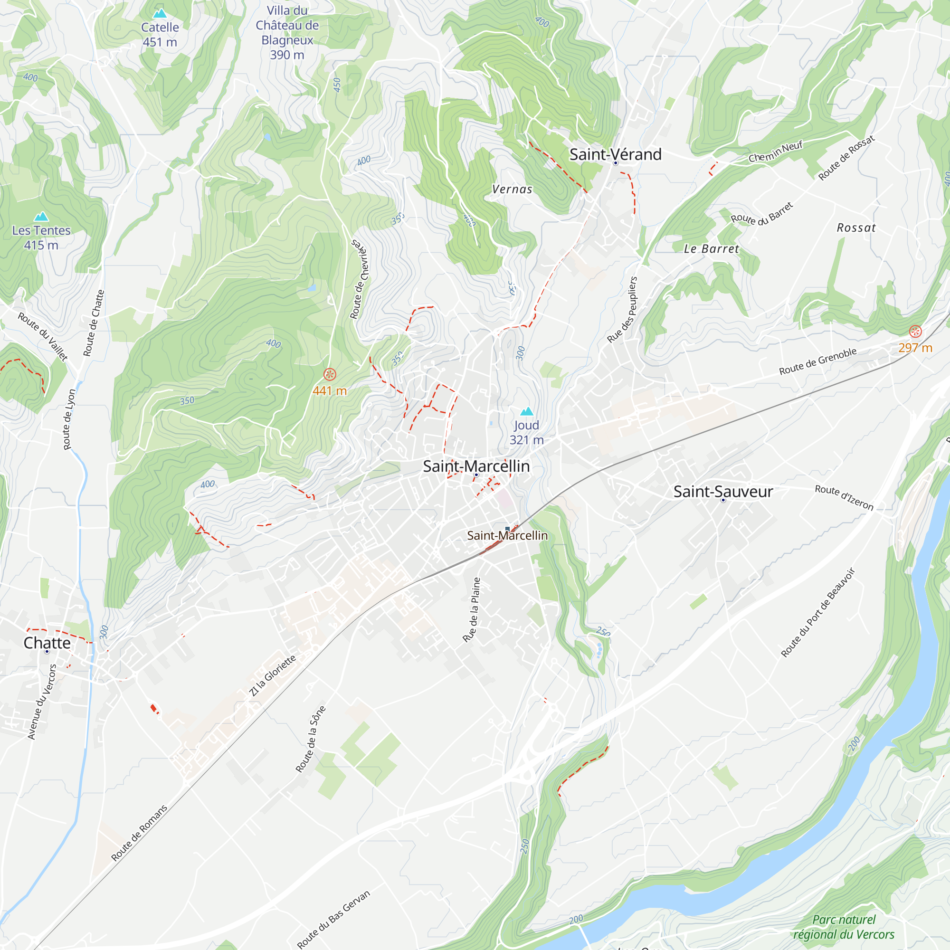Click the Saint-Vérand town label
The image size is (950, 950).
click(x=615, y=154)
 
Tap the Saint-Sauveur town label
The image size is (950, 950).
click(x=723, y=491)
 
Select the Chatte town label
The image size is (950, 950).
click(x=47, y=643)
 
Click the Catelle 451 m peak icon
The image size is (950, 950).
click(x=160, y=14)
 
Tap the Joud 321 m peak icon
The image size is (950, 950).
click(x=527, y=411)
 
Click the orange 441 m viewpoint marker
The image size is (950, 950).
click(x=330, y=375)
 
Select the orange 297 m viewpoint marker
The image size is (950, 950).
click(x=915, y=332)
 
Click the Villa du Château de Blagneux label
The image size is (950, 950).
click(x=287, y=32)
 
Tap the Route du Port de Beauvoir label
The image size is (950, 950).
click(x=818, y=613)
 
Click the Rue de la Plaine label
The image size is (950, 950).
click(x=472, y=610)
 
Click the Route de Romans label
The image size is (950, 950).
click(x=139, y=833)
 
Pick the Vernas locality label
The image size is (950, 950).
click(x=513, y=190)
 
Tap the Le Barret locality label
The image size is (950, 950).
click(x=711, y=249)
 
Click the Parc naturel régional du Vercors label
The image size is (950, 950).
click(x=844, y=927)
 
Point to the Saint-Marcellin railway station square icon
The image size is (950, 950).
click(x=507, y=529)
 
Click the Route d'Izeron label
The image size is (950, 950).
click(x=844, y=498)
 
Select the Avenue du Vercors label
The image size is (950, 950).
click(x=42, y=702)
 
